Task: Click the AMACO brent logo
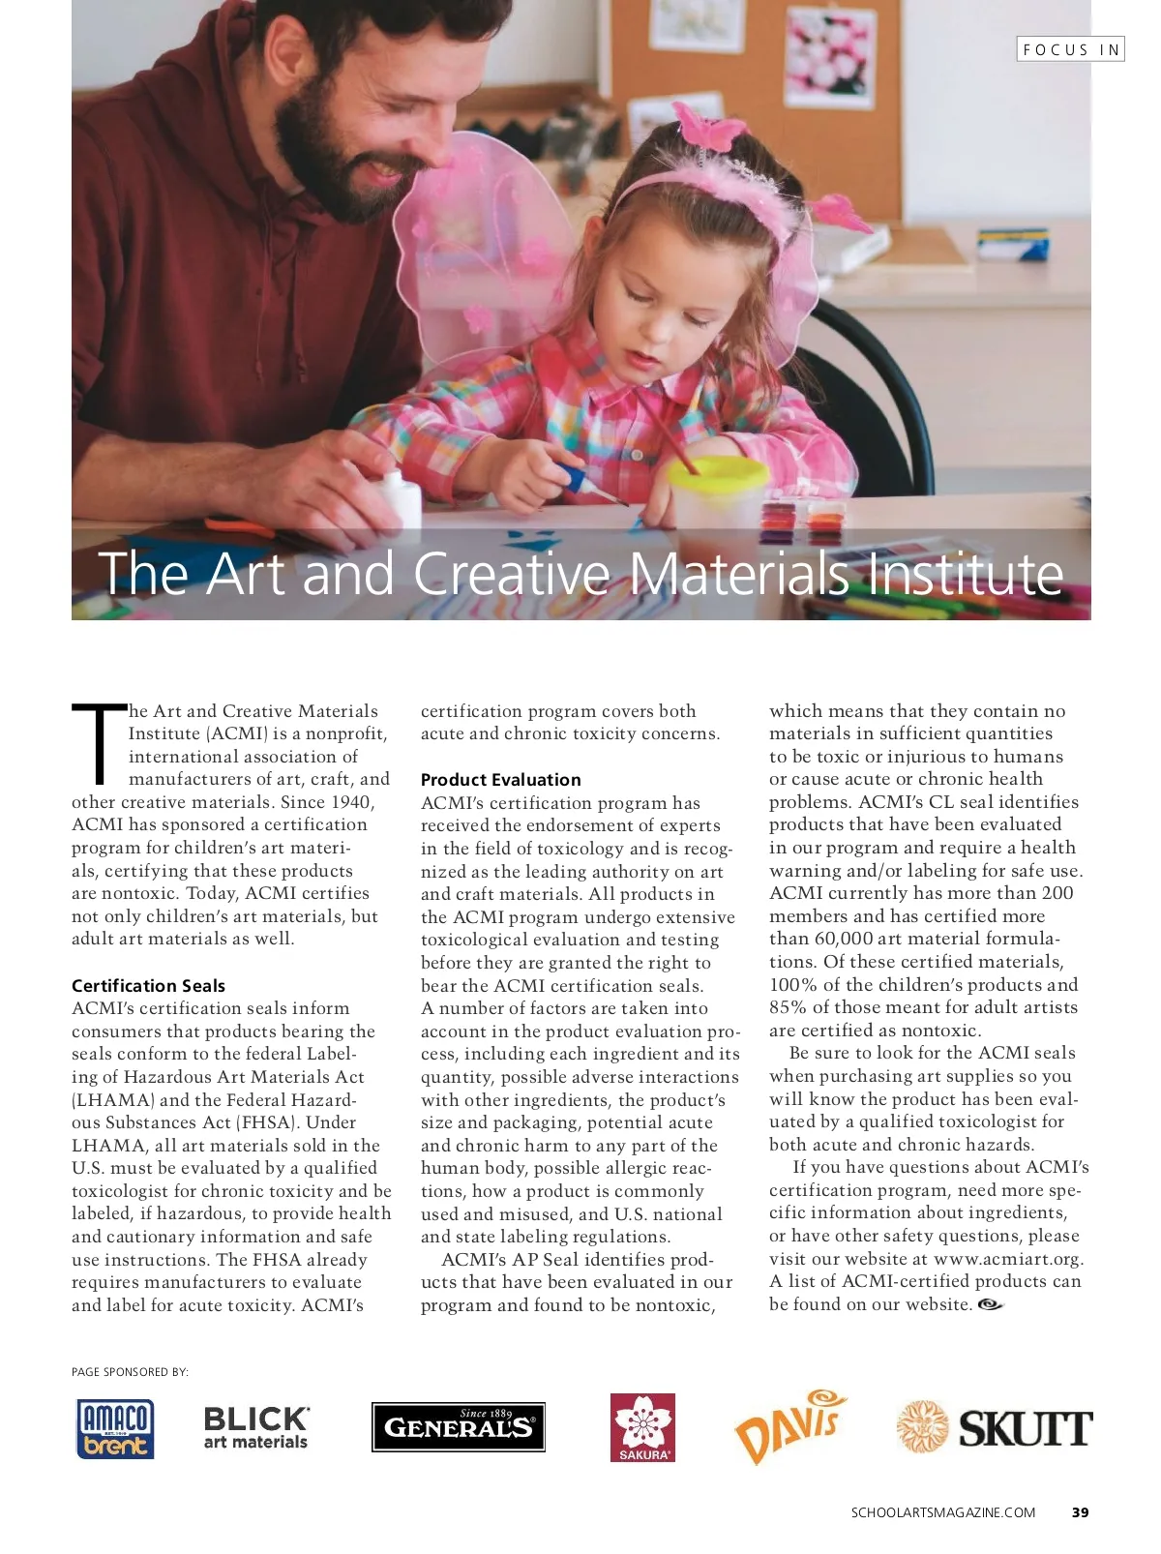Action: [x=115, y=1428]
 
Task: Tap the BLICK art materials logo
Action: [x=255, y=1428]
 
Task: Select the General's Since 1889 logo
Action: [x=459, y=1427]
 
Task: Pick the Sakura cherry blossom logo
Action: [x=642, y=1427]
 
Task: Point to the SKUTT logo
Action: [x=995, y=1427]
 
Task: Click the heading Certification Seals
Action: [x=148, y=985]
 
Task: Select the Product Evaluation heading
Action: [x=501, y=780]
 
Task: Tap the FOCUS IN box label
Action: [x=1070, y=49]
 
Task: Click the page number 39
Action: [x=1081, y=1512]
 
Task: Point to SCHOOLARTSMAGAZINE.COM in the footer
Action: [x=943, y=1512]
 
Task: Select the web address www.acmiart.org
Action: [x=1008, y=1259]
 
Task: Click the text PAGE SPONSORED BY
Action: [x=130, y=1372]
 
